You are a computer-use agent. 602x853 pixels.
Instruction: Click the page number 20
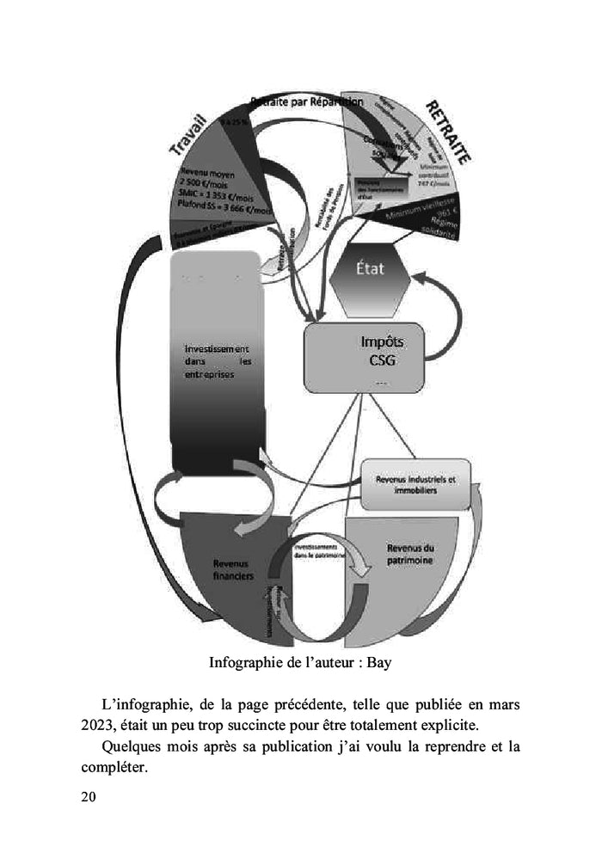coord(88,796)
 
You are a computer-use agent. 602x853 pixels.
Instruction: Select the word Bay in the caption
coord(378,663)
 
